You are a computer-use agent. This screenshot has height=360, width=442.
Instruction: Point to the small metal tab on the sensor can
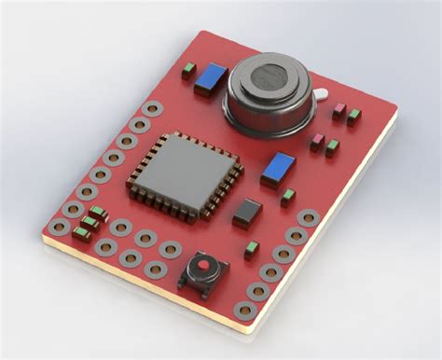coord(320,95)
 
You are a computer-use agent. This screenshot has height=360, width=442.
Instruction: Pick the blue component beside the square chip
coord(278,170)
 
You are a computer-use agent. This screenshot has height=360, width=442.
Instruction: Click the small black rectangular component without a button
coord(247,213)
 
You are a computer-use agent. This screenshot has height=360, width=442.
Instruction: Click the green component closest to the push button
coord(251,250)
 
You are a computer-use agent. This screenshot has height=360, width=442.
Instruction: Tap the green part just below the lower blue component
coord(288,197)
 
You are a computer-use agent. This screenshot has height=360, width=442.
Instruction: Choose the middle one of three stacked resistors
coord(90,223)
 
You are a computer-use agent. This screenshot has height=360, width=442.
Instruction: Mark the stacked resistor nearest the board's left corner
coord(81,233)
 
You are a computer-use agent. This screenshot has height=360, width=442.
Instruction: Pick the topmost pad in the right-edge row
coord(308,218)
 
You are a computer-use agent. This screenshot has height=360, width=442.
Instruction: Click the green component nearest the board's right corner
coord(354,118)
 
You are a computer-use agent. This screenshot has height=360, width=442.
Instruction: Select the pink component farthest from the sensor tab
coord(317,142)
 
